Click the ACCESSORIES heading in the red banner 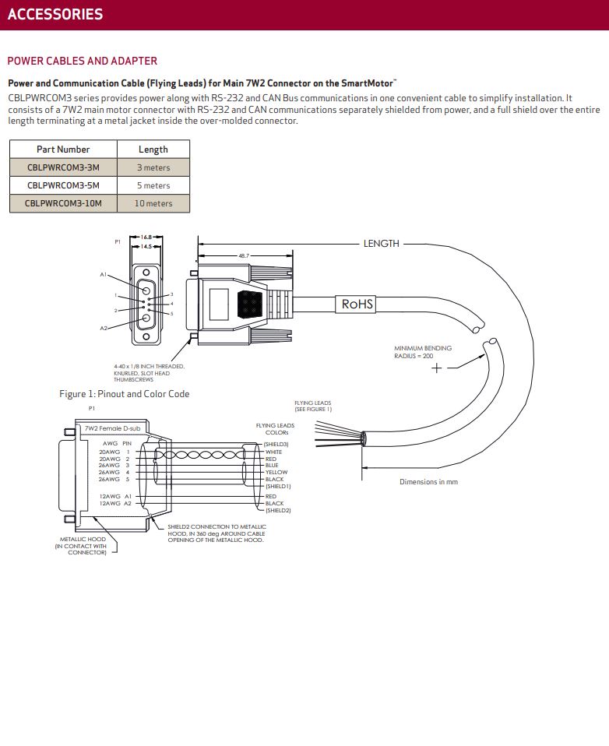tap(55, 14)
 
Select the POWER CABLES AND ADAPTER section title tap(83, 61)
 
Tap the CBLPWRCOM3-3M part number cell tap(63, 167)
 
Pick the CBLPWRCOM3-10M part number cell tap(63, 203)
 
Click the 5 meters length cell tap(153, 185)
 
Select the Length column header tap(153, 150)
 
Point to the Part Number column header tap(63, 150)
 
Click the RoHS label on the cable tap(357, 304)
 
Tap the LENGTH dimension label tap(381, 244)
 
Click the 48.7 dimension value tap(244, 256)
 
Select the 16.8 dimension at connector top tap(146, 237)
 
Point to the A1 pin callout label tap(104, 275)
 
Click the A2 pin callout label tap(104, 329)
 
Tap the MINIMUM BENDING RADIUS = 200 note tap(423, 352)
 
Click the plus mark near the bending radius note tap(436, 368)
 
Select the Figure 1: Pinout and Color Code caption tap(124, 394)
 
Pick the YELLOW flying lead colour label tap(276, 473)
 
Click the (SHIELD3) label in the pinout tap(276, 445)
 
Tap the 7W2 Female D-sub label tap(113, 428)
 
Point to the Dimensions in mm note tap(428, 482)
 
